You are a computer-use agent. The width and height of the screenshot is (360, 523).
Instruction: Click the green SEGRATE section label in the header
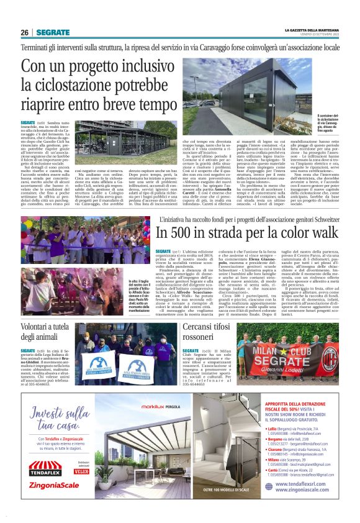[52, 32]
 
